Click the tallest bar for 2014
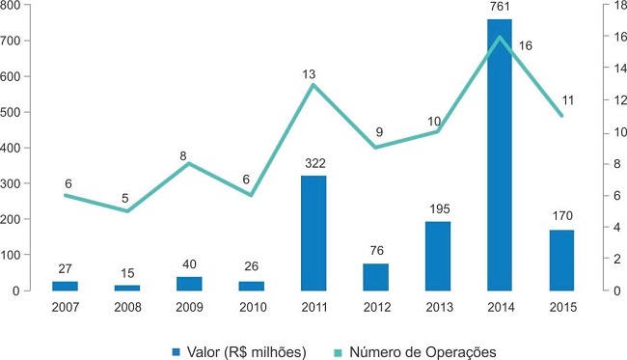point(500,154)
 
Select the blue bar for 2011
point(313,233)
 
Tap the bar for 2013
point(438,256)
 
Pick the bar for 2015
point(561,260)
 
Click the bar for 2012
point(375,277)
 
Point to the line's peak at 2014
point(500,38)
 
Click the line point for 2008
point(127,210)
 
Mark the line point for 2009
point(189,163)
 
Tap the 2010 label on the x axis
point(251,307)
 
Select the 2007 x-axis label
point(66,307)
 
